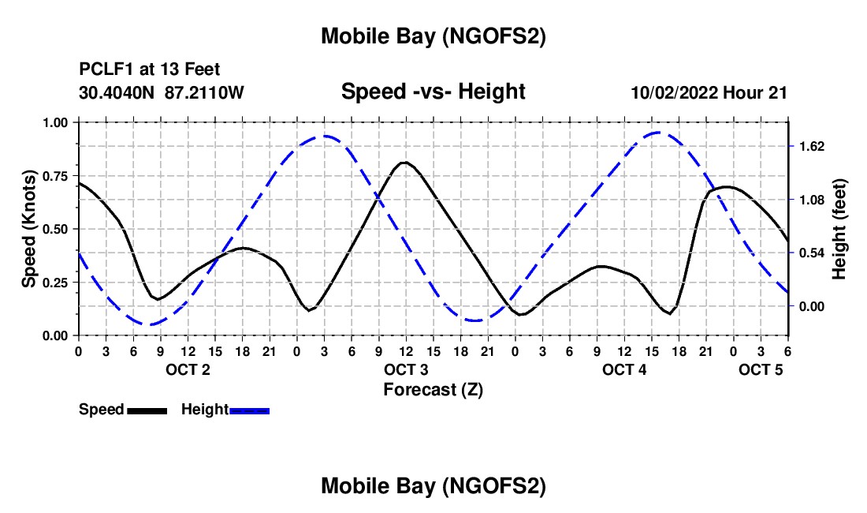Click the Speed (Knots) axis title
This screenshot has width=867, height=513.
click(29, 229)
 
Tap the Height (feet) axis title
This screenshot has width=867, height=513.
click(839, 229)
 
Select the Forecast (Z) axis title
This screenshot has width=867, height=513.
click(433, 389)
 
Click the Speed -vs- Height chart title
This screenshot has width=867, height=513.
click(433, 92)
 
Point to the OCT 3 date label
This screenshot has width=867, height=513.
click(406, 370)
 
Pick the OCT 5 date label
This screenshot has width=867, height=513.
click(761, 370)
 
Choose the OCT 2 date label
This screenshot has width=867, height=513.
click(188, 370)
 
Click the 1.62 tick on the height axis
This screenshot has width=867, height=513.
click(811, 146)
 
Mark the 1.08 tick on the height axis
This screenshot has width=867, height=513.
click(811, 200)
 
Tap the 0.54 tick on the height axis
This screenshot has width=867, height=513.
click(811, 253)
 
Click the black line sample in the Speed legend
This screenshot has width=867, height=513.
click(147, 410)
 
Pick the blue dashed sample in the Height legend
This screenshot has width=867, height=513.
click(250, 410)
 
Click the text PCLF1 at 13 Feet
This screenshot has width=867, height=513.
click(149, 69)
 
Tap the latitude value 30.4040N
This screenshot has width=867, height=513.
click(117, 92)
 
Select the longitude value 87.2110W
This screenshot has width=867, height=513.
click(205, 92)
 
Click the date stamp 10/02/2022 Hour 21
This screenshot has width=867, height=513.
click(709, 92)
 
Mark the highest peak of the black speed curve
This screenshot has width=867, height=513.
click(404, 162)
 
